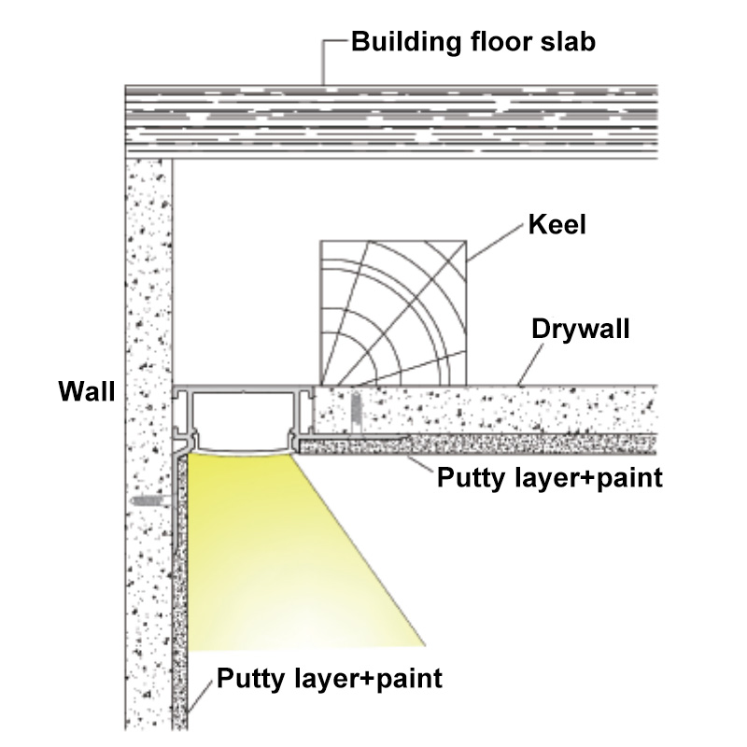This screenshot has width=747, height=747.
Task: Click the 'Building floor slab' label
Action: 473,42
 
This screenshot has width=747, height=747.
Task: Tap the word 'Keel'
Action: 557,224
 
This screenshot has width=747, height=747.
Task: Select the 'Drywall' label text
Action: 580,330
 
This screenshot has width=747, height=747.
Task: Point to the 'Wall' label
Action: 87,391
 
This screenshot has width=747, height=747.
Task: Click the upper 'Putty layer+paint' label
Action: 550,478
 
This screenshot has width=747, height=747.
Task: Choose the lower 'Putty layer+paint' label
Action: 330,679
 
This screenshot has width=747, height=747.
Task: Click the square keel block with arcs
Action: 393,313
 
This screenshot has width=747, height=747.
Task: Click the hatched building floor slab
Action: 391,122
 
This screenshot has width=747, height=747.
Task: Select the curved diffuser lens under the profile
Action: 243,450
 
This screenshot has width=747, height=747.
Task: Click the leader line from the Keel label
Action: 495,243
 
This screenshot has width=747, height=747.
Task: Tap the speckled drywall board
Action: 486,410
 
